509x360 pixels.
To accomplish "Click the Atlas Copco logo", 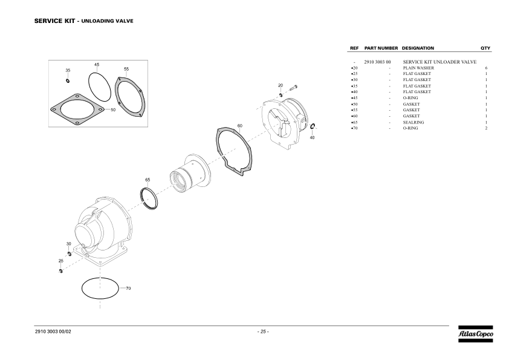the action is (x=476, y=334).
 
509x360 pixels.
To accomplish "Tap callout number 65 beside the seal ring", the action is (x=148, y=180).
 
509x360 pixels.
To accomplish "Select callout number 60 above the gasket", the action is (x=239, y=126).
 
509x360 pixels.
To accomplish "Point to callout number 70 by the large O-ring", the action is (x=128, y=288).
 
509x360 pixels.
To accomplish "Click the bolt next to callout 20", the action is (x=293, y=87).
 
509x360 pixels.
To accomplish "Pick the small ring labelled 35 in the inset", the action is (x=68, y=80).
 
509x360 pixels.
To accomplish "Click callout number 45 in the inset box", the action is (x=97, y=65).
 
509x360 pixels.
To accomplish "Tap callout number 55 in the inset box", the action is (x=126, y=69).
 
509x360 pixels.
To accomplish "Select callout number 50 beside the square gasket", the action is (x=113, y=110).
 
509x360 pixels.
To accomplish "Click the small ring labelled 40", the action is (x=313, y=126).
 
